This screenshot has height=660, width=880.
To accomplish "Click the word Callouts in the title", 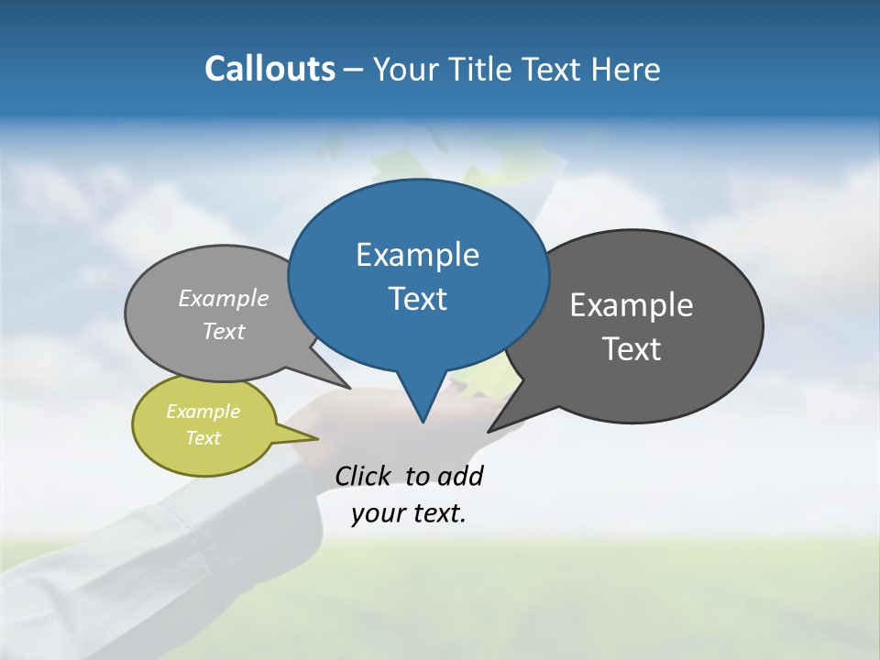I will pyautogui.click(x=269, y=69).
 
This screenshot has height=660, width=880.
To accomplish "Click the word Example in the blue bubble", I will pyautogui.click(x=417, y=255).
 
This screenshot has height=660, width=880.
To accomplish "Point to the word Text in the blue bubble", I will pyautogui.click(x=417, y=299).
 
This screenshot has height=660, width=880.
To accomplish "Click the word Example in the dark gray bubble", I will pyautogui.click(x=632, y=305).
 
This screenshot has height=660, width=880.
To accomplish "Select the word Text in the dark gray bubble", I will pyautogui.click(x=632, y=349).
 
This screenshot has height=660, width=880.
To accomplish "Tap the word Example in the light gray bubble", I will pyautogui.click(x=224, y=299).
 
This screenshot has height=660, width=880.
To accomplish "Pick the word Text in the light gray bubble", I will pyautogui.click(x=224, y=331).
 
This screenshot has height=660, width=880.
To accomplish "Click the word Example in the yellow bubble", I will pyautogui.click(x=203, y=412).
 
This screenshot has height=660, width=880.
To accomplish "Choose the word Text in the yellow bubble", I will pyautogui.click(x=203, y=438).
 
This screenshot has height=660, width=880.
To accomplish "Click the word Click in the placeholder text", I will pyautogui.click(x=362, y=476).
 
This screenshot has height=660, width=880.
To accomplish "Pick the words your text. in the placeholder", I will pyautogui.click(x=409, y=513).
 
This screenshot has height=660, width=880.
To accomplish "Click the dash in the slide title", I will pyautogui.click(x=354, y=70).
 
